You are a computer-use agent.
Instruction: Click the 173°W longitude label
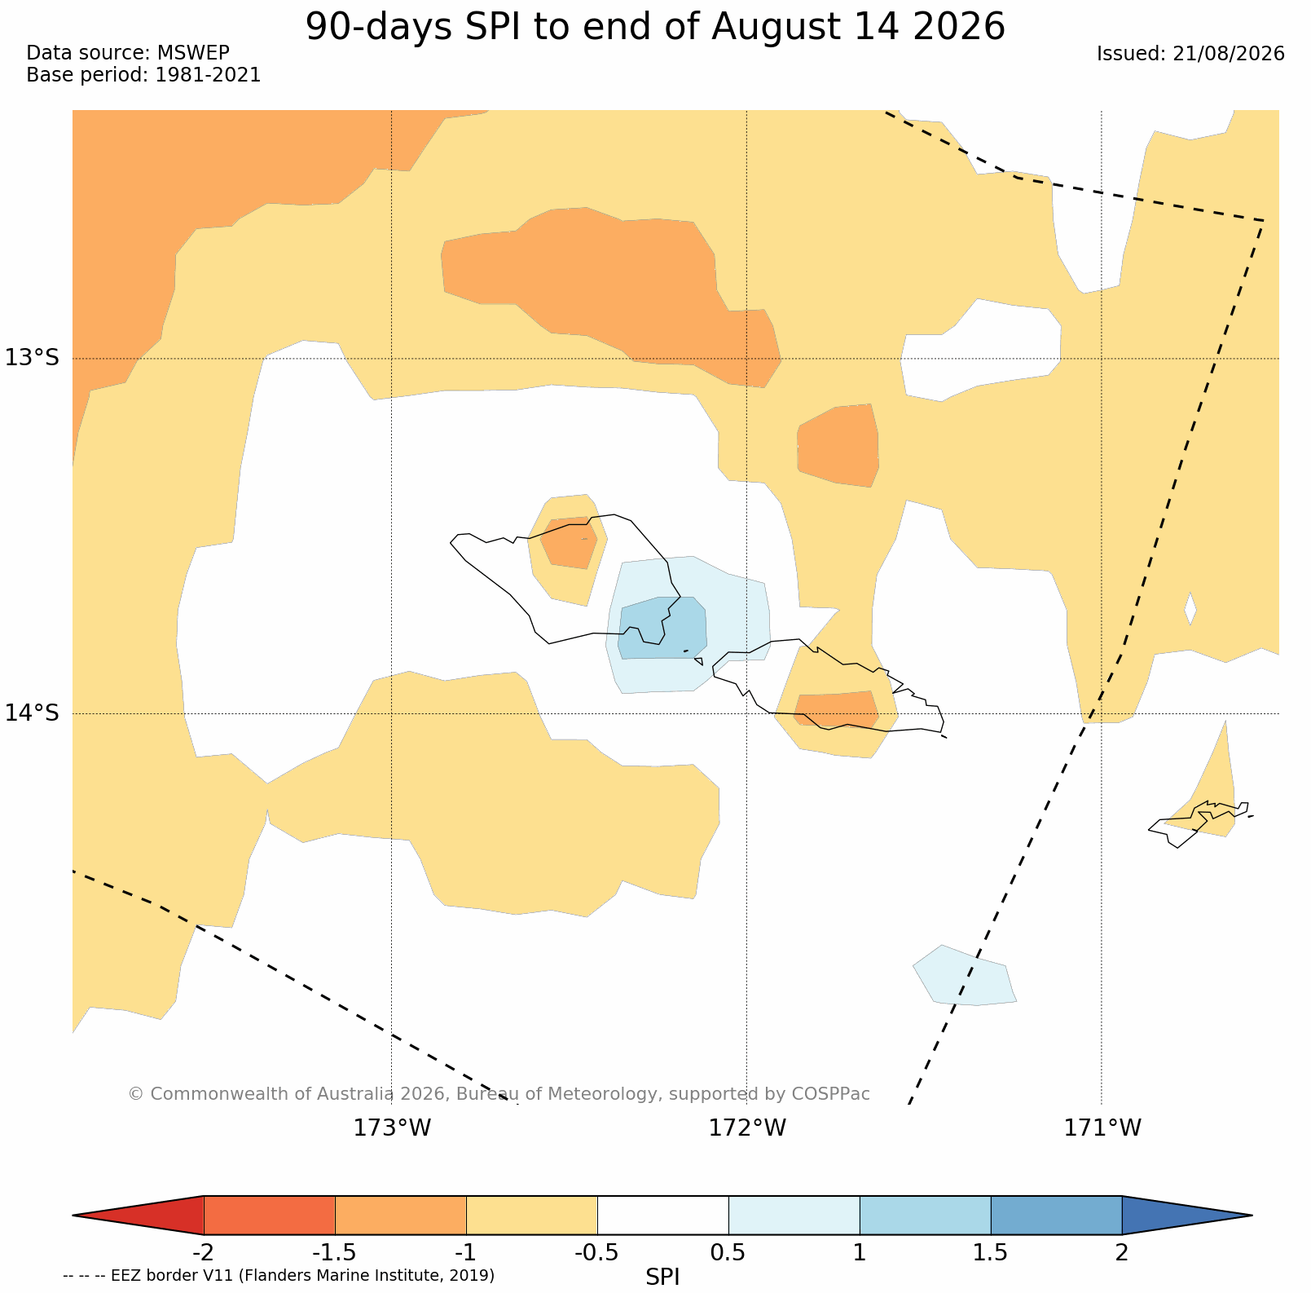click(392, 1128)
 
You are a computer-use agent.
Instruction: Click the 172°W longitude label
click(747, 1128)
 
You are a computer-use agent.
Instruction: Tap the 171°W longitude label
click(1102, 1128)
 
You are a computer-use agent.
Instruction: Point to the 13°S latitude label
click(33, 358)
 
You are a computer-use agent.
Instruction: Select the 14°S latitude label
click(33, 713)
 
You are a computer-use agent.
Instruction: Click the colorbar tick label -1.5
click(335, 1252)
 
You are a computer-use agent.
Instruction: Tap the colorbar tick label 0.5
click(728, 1252)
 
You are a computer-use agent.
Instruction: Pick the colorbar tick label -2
click(203, 1252)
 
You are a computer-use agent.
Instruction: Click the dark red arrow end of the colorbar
click(139, 1216)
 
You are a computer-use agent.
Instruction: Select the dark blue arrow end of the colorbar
click(1187, 1216)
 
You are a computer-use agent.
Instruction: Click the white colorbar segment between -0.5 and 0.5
click(663, 1216)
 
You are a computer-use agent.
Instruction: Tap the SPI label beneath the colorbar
click(662, 1277)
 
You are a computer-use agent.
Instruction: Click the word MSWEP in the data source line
click(193, 53)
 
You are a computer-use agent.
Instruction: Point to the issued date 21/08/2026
click(1228, 54)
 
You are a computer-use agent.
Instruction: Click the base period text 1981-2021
click(208, 75)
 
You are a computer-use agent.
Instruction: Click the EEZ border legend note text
click(279, 1275)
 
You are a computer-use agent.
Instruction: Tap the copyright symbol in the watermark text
click(135, 1094)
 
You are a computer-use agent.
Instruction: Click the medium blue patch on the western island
click(662, 628)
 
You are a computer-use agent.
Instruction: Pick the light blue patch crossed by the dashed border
click(965, 975)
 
